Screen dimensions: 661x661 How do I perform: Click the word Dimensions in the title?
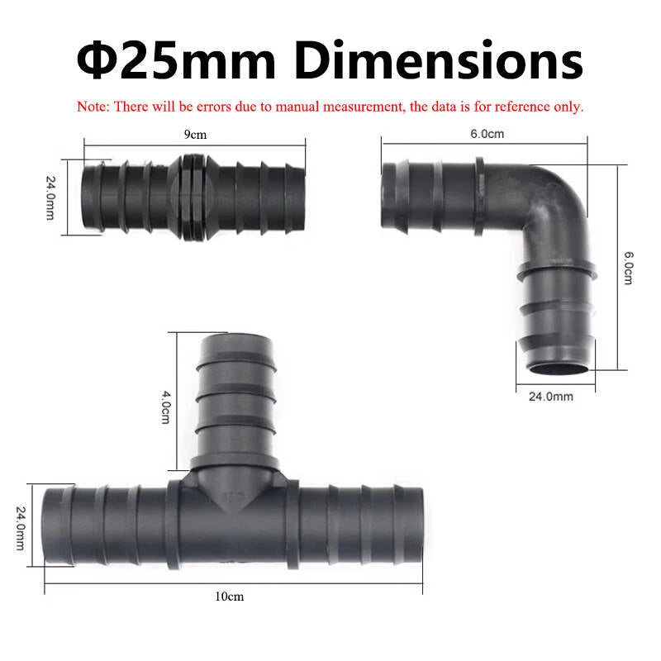(439, 59)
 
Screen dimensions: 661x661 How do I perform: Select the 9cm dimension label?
(195, 134)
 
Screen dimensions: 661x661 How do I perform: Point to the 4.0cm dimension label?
(165, 407)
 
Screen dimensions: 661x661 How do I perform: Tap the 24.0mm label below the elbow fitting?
(550, 397)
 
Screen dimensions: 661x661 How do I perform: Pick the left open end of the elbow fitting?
(388, 197)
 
